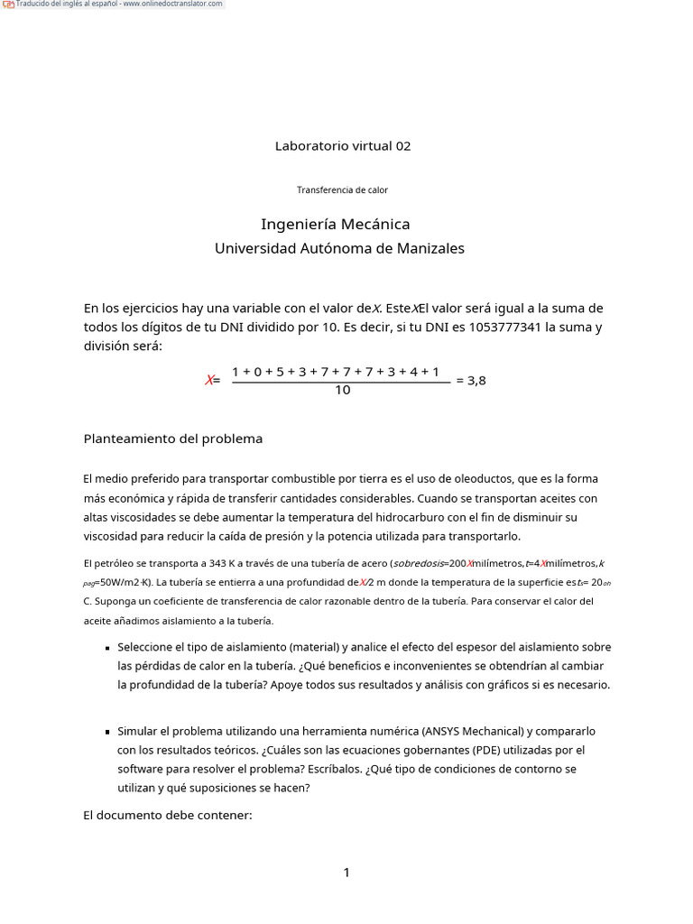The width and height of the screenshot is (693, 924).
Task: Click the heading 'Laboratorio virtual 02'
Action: click(342, 145)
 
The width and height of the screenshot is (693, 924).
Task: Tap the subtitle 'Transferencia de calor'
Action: click(342, 189)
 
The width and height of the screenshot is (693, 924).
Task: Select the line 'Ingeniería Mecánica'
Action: click(335, 224)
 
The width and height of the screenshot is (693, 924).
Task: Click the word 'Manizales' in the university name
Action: click(430, 248)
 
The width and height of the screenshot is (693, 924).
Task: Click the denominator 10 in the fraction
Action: click(342, 391)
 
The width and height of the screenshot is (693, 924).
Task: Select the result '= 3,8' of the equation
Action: click(471, 381)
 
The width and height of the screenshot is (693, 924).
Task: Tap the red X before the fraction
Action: click(209, 381)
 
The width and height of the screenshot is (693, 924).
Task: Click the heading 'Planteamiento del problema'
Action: click(173, 439)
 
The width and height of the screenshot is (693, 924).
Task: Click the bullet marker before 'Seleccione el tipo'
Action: click(107, 648)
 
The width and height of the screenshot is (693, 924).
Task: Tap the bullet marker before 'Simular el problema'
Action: click(107, 732)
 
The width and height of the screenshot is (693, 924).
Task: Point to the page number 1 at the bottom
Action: click(346, 873)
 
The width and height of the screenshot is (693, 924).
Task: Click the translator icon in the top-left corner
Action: click(8, 5)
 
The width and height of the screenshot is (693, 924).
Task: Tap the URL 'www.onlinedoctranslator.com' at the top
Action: click(172, 5)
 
